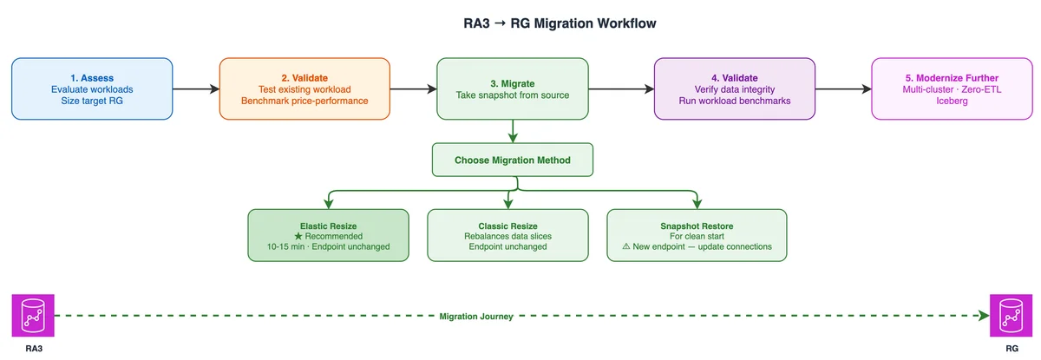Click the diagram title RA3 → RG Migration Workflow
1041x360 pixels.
[x=560, y=23]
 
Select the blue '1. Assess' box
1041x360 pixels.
[x=92, y=88]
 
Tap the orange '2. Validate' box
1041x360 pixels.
[x=304, y=88]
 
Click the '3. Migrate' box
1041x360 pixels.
[x=513, y=88]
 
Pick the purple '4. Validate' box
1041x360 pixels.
[x=735, y=88]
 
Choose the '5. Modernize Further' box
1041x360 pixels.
[x=952, y=88]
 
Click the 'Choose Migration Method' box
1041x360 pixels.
[x=513, y=160]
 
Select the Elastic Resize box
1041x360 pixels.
[x=328, y=235]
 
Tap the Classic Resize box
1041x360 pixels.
[x=508, y=235]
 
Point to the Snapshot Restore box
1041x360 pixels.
[x=697, y=235]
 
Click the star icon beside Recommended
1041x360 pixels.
[x=298, y=237]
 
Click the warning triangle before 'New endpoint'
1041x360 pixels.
[x=626, y=246]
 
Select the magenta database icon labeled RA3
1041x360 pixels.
[x=33, y=316]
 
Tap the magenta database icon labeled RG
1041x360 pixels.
[x=1011, y=316]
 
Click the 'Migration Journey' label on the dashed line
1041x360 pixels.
[x=476, y=317]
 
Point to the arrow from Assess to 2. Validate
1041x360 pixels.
[x=196, y=88]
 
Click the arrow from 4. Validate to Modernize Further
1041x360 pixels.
[x=843, y=88]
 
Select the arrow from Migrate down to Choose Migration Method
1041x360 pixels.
[x=513, y=132]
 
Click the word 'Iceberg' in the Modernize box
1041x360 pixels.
[x=952, y=101]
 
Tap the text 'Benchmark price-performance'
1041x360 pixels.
[x=304, y=101]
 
